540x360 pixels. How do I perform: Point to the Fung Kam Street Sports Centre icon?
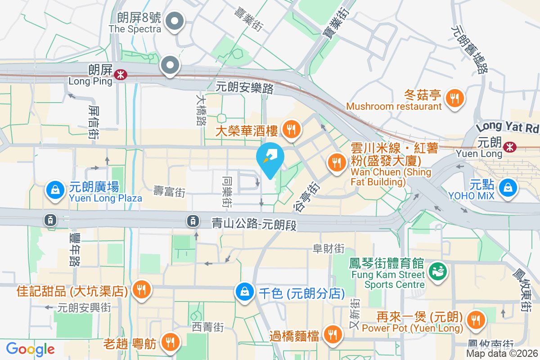(436, 271)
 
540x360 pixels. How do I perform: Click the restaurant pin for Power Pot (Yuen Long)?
(475, 320)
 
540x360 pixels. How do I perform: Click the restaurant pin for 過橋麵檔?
(333, 334)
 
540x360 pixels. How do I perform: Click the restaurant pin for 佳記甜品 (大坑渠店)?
(142, 289)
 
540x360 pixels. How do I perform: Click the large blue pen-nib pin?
(270, 158)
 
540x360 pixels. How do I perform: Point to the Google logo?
(31, 349)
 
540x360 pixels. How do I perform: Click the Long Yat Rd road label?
(508, 127)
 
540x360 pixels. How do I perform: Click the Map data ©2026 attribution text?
(502, 353)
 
